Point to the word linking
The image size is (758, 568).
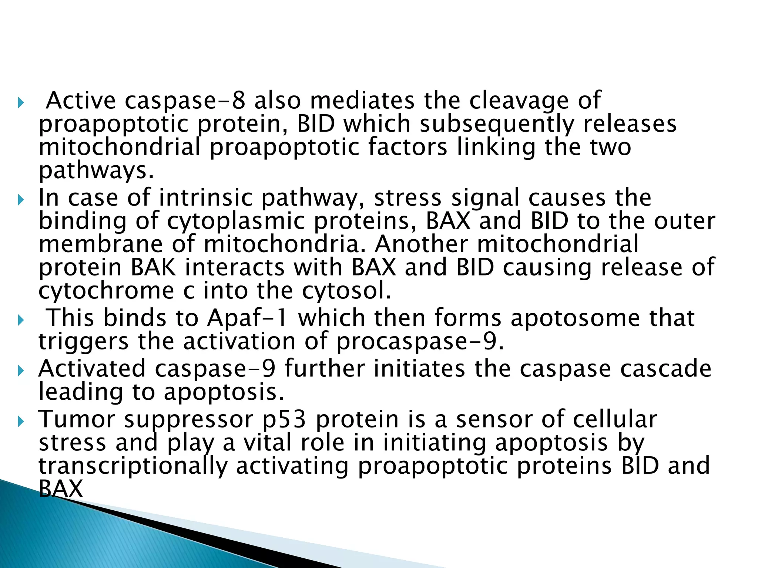(496, 147)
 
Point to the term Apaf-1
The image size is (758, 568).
(248, 318)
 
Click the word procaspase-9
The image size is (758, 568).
(420, 341)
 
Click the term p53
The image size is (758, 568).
(284, 420)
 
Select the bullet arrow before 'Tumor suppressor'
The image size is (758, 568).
(20, 420)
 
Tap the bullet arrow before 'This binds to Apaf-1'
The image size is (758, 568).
(20, 319)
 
